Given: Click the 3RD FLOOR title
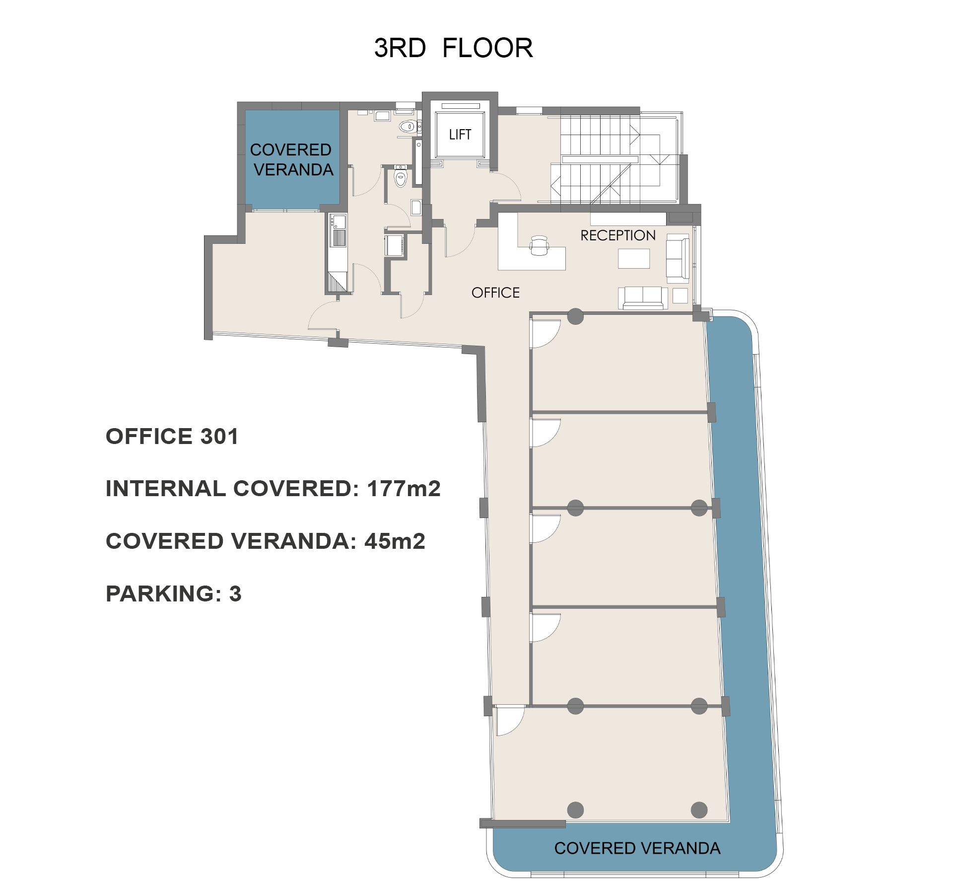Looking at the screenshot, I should click(453, 48).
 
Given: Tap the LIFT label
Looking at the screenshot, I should click(460, 135).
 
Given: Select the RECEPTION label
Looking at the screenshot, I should click(618, 235).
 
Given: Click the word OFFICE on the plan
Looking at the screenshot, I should click(495, 293).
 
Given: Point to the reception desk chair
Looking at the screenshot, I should click(540, 245).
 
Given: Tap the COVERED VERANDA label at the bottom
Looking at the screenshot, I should click(637, 848).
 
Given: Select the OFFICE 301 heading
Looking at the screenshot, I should click(172, 437).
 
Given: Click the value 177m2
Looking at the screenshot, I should click(404, 489).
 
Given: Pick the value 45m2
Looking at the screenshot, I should click(395, 541).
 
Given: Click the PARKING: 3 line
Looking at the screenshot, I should click(173, 593).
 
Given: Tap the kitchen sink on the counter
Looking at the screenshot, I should click(339, 222).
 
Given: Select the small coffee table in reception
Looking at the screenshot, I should click(633, 258).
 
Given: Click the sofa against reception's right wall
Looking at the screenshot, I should click(678, 259).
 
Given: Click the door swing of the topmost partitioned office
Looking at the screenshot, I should click(545, 333).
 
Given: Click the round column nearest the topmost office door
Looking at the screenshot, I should click(575, 316).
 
